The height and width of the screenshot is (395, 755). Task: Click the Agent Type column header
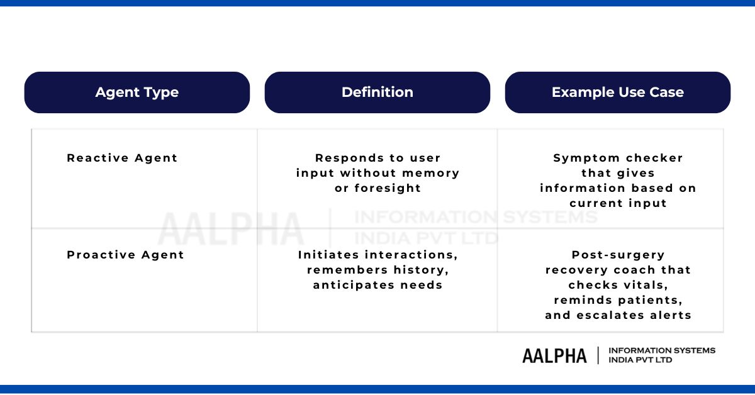tap(137, 92)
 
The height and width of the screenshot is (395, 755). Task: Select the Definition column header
tap(377, 92)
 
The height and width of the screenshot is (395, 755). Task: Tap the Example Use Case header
tap(617, 92)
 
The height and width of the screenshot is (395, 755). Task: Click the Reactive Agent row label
tap(122, 158)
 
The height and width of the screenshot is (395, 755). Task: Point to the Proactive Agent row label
tap(125, 255)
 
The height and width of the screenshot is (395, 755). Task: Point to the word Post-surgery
tap(618, 255)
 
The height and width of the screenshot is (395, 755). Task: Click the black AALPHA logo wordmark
tap(554, 355)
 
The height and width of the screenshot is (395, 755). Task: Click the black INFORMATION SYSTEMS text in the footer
tap(662, 350)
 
